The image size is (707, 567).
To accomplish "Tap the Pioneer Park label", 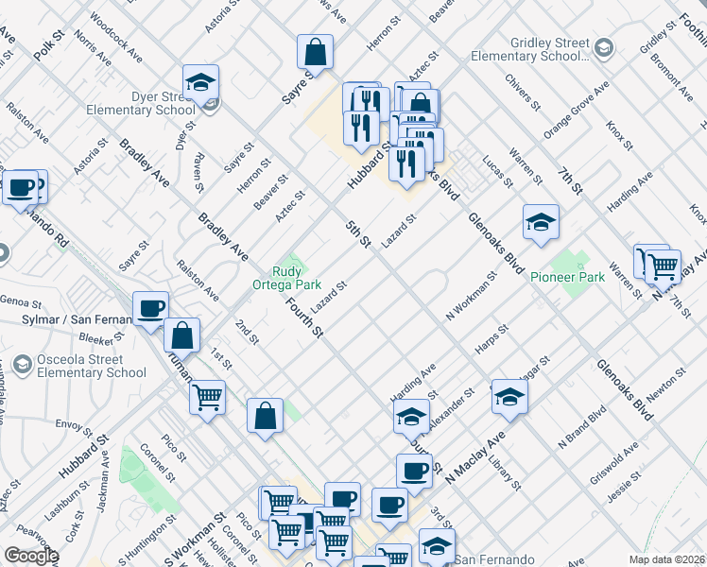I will click(567, 277).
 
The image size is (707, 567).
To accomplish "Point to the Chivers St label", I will click(521, 94).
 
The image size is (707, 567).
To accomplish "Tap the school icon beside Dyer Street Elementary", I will click(200, 83).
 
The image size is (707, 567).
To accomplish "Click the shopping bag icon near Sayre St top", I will click(316, 53).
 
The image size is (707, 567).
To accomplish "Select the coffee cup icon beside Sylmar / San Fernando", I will click(151, 309).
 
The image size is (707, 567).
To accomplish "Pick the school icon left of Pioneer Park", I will click(540, 224).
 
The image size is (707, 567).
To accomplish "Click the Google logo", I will click(31, 556).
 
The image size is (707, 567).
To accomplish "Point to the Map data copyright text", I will click(667, 559).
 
